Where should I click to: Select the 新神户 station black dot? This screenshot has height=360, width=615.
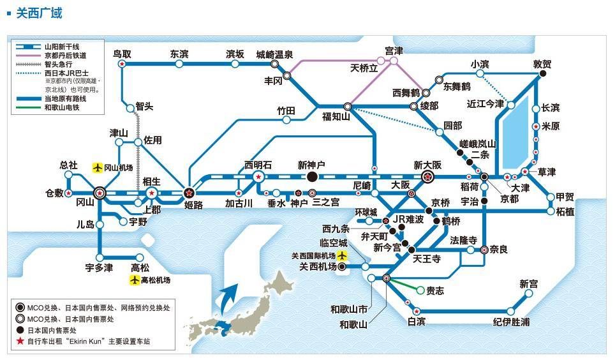click(312, 177)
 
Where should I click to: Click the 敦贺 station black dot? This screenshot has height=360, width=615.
click(543, 74)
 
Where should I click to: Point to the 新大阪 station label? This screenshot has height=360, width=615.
click(427, 165)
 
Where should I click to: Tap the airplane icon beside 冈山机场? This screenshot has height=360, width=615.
click(98, 167)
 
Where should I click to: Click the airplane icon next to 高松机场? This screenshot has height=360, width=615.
click(135, 280)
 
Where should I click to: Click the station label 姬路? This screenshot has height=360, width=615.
click(193, 205)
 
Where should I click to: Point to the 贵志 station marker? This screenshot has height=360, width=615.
click(420, 290)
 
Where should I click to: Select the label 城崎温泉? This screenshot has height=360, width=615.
click(274, 54)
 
